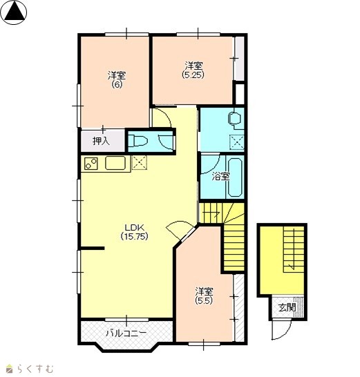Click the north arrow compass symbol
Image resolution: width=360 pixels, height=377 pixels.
[x=15, y=12]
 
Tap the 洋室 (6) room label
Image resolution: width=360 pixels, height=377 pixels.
[x=117, y=80]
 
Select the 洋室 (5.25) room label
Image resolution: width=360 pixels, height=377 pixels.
[x=193, y=70]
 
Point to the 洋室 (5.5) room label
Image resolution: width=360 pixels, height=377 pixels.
[x=204, y=296]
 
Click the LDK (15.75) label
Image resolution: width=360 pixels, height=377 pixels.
[x=134, y=232]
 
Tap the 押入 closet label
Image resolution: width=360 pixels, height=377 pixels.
[x=102, y=141]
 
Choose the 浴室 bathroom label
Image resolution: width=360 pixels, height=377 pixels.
[x=220, y=177]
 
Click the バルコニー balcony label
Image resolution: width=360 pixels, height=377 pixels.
[x=126, y=333]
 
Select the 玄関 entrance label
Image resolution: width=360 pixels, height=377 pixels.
[x=287, y=307]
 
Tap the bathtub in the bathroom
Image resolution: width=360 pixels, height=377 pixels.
[x=235, y=177]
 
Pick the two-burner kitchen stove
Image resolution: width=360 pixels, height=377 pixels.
[x=91, y=164]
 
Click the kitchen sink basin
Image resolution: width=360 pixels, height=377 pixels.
[x=115, y=163]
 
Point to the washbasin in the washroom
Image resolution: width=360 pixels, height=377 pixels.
[x=235, y=118]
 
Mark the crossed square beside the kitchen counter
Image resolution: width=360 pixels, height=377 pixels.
[x=140, y=162]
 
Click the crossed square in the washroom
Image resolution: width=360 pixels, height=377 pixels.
[x=237, y=142]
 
